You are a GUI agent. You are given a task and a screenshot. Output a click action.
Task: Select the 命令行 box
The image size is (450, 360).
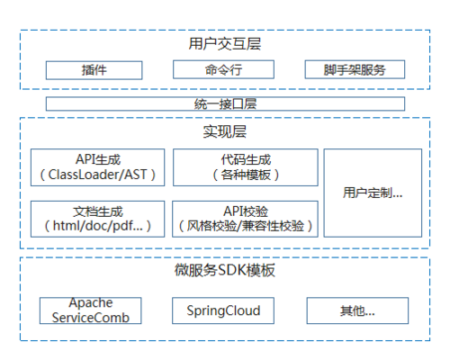click(x=224, y=69)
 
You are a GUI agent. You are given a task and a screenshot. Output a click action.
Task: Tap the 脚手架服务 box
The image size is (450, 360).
click(x=354, y=69)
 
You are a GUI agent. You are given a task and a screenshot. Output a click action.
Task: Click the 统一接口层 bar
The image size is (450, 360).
click(x=225, y=103)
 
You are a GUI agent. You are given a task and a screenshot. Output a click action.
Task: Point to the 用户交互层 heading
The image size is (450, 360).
click(x=225, y=43)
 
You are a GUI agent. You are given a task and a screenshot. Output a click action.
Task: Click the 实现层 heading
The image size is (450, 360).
click(x=225, y=133)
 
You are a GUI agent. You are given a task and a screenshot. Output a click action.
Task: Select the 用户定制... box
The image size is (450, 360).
click(x=373, y=193)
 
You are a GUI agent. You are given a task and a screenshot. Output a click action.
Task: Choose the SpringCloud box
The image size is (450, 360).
click(x=223, y=310)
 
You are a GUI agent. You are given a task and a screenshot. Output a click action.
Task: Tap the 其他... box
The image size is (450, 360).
click(x=353, y=311)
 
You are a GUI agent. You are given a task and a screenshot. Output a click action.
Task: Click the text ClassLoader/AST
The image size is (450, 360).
click(x=98, y=175)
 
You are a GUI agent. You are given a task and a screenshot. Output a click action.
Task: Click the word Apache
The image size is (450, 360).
click(x=91, y=304)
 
